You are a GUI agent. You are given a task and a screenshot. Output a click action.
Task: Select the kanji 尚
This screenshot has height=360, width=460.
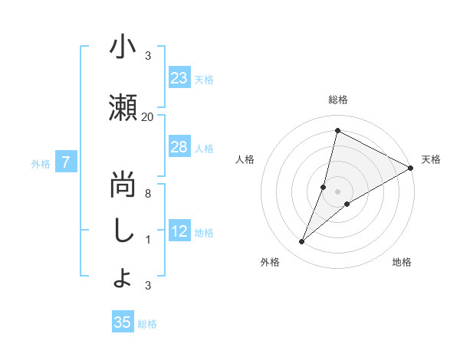click(123, 184)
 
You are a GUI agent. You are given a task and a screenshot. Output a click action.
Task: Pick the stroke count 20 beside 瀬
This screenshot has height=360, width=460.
click(148, 116)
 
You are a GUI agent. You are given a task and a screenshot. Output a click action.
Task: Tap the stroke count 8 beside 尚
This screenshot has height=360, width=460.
click(148, 194)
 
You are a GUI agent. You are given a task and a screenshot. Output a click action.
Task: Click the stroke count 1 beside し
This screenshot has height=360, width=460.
click(148, 240)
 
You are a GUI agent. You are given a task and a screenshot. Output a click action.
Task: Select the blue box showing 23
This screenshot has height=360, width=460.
click(179, 78)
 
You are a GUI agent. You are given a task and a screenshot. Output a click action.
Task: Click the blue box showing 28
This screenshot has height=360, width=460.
click(179, 147)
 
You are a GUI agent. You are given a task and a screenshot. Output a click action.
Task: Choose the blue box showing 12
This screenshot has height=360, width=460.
click(179, 231)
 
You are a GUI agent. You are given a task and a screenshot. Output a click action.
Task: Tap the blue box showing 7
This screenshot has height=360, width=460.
click(67, 162)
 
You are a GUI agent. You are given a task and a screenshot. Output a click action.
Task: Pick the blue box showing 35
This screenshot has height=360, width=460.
click(122, 322)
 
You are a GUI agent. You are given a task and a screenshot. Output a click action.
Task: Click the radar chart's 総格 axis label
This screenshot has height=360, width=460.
click(337, 100)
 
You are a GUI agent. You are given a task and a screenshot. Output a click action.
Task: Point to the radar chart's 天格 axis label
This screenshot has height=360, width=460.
click(431, 159)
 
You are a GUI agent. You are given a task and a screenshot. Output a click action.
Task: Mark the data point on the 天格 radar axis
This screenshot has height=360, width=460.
click(411, 168)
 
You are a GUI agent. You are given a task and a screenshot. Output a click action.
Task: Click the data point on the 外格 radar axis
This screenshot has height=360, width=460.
click(301, 242)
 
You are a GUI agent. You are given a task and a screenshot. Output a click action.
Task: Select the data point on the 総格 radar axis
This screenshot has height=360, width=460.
click(337, 130)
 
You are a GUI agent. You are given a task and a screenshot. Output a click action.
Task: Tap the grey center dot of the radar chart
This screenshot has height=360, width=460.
click(337, 191)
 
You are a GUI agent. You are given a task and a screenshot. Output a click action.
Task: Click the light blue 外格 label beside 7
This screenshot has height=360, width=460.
click(41, 163)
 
